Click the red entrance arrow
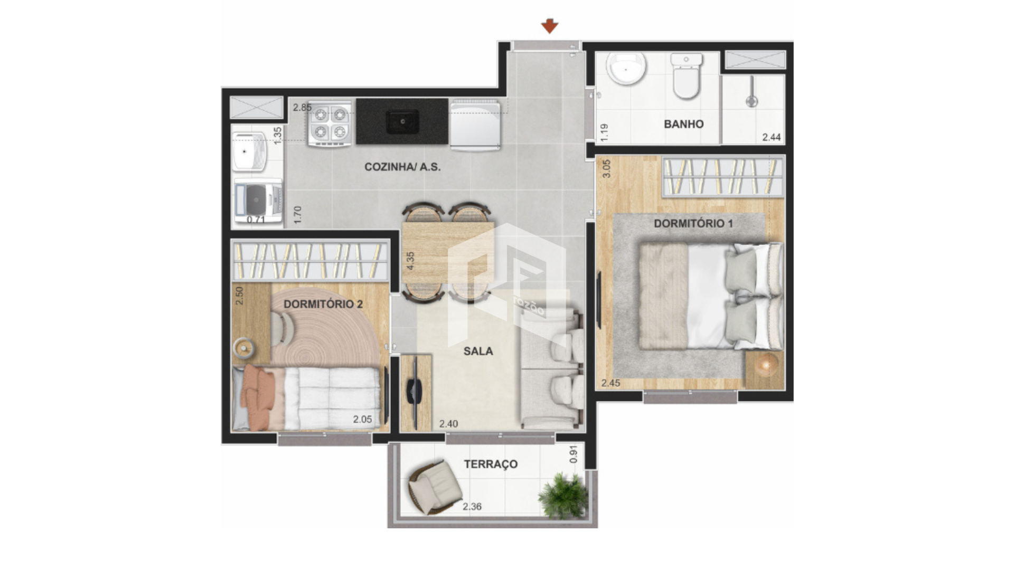pyautogui.click(x=550, y=26)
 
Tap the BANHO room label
pyautogui.click(x=683, y=124)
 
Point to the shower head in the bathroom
pyautogui.click(x=751, y=100)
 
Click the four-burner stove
pyautogui.click(x=330, y=123)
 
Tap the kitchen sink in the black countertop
pyautogui.click(x=402, y=121)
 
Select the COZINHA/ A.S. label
pyautogui.click(x=402, y=167)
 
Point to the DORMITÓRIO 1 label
pyautogui.click(x=693, y=223)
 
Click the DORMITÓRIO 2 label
pyautogui.click(x=323, y=304)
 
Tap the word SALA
pyautogui.click(x=478, y=351)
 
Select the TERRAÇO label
pyautogui.click(x=491, y=464)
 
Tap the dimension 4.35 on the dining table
pyautogui.click(x=410, y=261)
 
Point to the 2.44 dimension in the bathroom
pyautogui.click(x=771, y=137)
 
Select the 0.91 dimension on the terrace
pyautogui.click(x=574, y=454)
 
